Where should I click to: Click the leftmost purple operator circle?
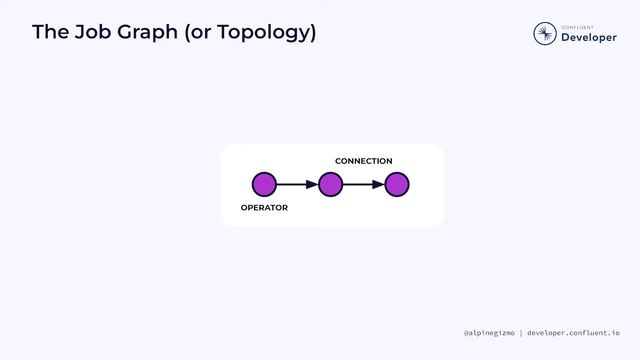[x=264, y=184]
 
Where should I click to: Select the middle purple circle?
[x=331, y=184]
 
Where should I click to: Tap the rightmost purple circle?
[x=397, y=184]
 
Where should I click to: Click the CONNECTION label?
[x=363, y=161]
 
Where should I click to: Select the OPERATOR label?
[x=264, y=208]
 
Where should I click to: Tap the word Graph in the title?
[x=151, y=33]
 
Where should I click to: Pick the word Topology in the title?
[x=271, y=33]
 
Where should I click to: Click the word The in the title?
[x=51, y=33]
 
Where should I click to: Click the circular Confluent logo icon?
[x=545, y=34]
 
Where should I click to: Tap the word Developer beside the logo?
[x=589, y=38]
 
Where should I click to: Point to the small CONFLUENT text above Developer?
[x=578, y=26]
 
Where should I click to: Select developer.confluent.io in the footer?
[x=573, y=333]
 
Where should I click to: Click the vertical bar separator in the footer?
[x=520, y=333]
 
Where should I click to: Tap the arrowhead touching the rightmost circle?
[x=380, y=184]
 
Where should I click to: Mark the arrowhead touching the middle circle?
[x=313, y=184]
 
